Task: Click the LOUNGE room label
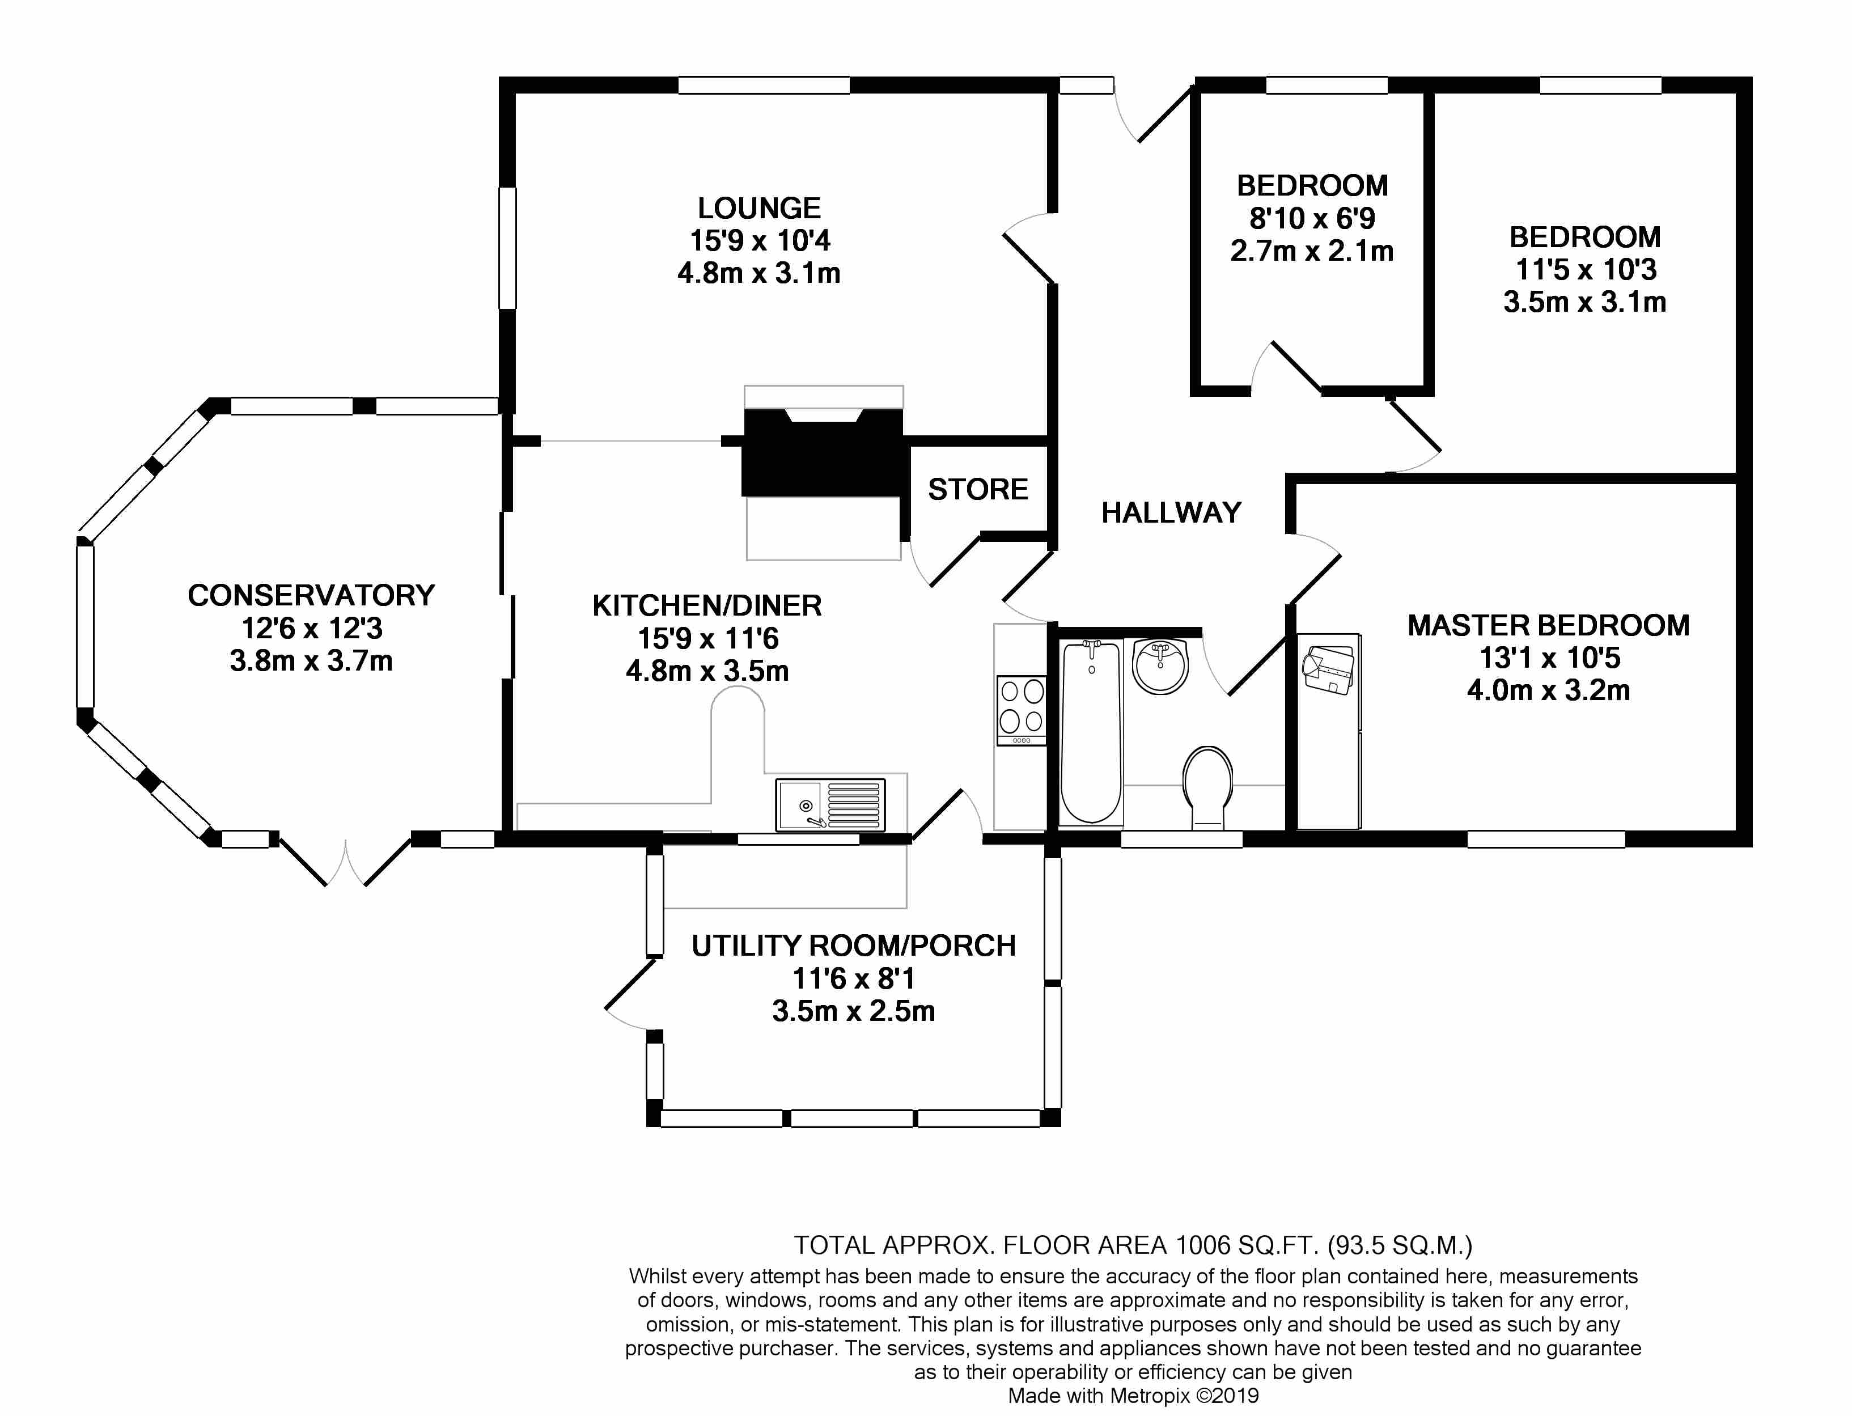pos(758,208)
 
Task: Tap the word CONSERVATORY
pos(311,596)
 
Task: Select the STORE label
pos(978,490)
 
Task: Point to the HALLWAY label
pos(1171,512)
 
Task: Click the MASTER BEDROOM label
pos(1549,625)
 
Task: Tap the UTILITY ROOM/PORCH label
pos(853,946)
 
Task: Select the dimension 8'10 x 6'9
pos(1312,218)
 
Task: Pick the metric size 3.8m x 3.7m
pos(311,661)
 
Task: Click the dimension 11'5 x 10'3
pos(1586,270)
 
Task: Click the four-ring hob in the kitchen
pos(1022,710)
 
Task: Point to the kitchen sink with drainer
pos(830,804)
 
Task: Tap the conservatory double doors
pos(346,860)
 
